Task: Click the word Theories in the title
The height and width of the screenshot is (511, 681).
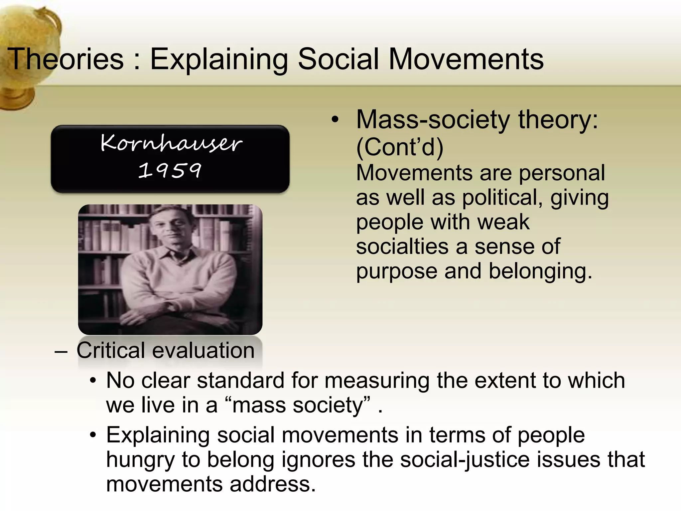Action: pos(66,59)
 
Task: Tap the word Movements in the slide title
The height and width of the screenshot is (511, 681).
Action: pos(466,59)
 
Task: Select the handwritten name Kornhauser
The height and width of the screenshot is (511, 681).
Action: pos(171,143)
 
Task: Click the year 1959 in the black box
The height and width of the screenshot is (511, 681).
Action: pos(170,170)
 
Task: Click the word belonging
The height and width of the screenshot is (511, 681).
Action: pos(540,271)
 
